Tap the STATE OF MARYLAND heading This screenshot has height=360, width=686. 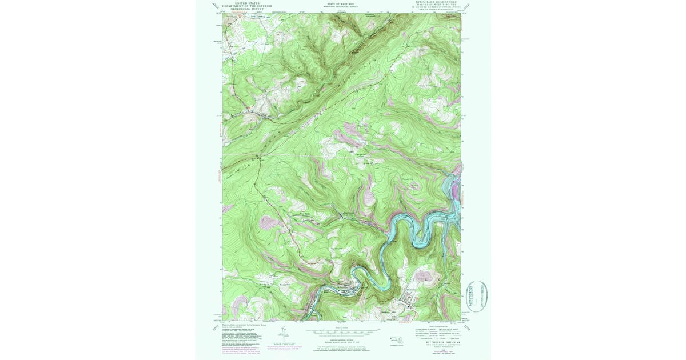341,4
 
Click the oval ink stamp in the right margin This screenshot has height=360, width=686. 477,295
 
